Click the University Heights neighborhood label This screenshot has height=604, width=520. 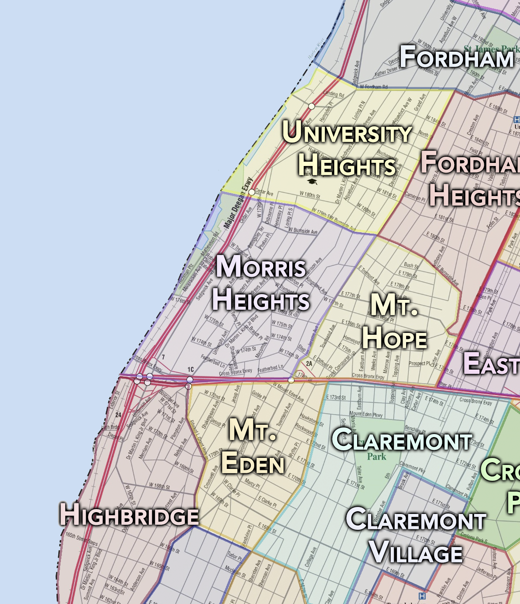347,148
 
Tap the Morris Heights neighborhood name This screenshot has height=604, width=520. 261,283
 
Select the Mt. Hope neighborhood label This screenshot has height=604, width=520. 394,321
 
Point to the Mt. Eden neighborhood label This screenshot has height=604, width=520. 253,446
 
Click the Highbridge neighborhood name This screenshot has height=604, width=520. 129,515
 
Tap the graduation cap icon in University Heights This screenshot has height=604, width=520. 313,181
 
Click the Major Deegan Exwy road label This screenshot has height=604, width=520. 238,203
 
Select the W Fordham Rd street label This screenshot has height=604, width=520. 373,87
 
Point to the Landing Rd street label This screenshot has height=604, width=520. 333,94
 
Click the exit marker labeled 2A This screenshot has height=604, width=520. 309,364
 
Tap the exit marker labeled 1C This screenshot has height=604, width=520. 191,370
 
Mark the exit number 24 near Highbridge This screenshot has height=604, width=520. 118,415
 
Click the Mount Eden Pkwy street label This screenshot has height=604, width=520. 366,414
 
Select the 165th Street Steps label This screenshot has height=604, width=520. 82,538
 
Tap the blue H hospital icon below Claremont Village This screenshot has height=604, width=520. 422,596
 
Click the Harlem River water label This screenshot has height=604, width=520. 316,49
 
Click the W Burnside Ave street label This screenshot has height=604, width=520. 303,231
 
